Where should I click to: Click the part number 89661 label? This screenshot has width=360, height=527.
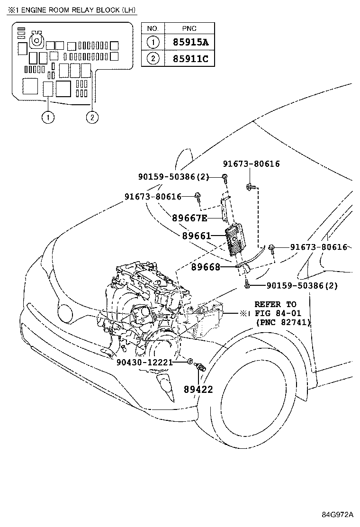(196, 235)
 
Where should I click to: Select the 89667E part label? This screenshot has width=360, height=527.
(189, 218)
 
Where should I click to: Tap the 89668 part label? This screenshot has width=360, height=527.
(206, 267)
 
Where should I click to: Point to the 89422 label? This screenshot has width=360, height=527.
(198, 390)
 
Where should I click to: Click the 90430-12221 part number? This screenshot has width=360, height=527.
(144, 362)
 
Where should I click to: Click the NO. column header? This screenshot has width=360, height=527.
(152, 28)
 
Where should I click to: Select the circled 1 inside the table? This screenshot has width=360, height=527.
(152, 43)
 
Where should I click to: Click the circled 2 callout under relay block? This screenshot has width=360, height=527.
(92, 117)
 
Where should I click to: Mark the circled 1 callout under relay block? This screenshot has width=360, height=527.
(48, 117)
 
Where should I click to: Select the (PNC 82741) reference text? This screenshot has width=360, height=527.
(282, 322)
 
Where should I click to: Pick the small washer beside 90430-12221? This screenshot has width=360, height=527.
(189, 362)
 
